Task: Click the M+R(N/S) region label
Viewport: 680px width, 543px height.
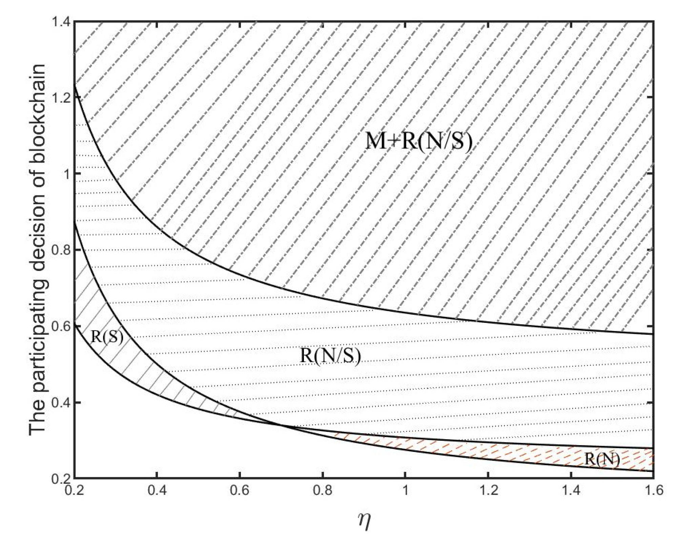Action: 419,141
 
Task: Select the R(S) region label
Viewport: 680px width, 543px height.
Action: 107,337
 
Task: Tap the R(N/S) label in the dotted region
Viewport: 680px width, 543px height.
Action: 330,356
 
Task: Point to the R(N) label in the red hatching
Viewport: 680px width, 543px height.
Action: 602,459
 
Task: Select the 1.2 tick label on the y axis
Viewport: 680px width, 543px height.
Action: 61,98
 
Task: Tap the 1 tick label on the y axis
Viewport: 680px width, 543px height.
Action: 66,174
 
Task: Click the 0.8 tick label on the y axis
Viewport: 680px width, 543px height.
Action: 61,250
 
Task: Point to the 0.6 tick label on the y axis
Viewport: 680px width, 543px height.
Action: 61,326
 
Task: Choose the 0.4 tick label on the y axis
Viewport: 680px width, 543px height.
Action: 61,402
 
